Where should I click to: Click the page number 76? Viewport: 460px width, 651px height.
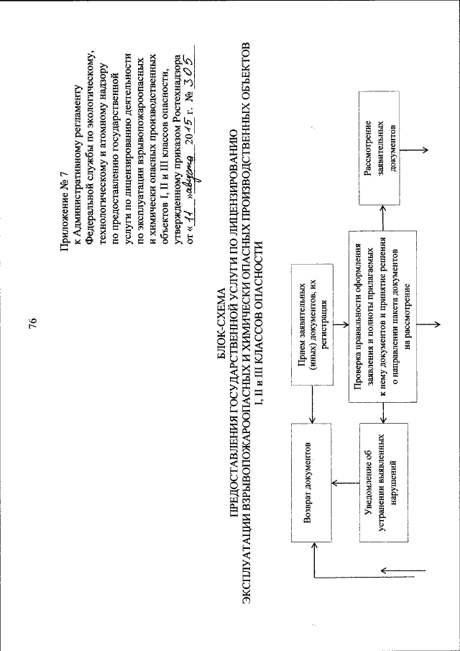[x=32, y=325]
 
